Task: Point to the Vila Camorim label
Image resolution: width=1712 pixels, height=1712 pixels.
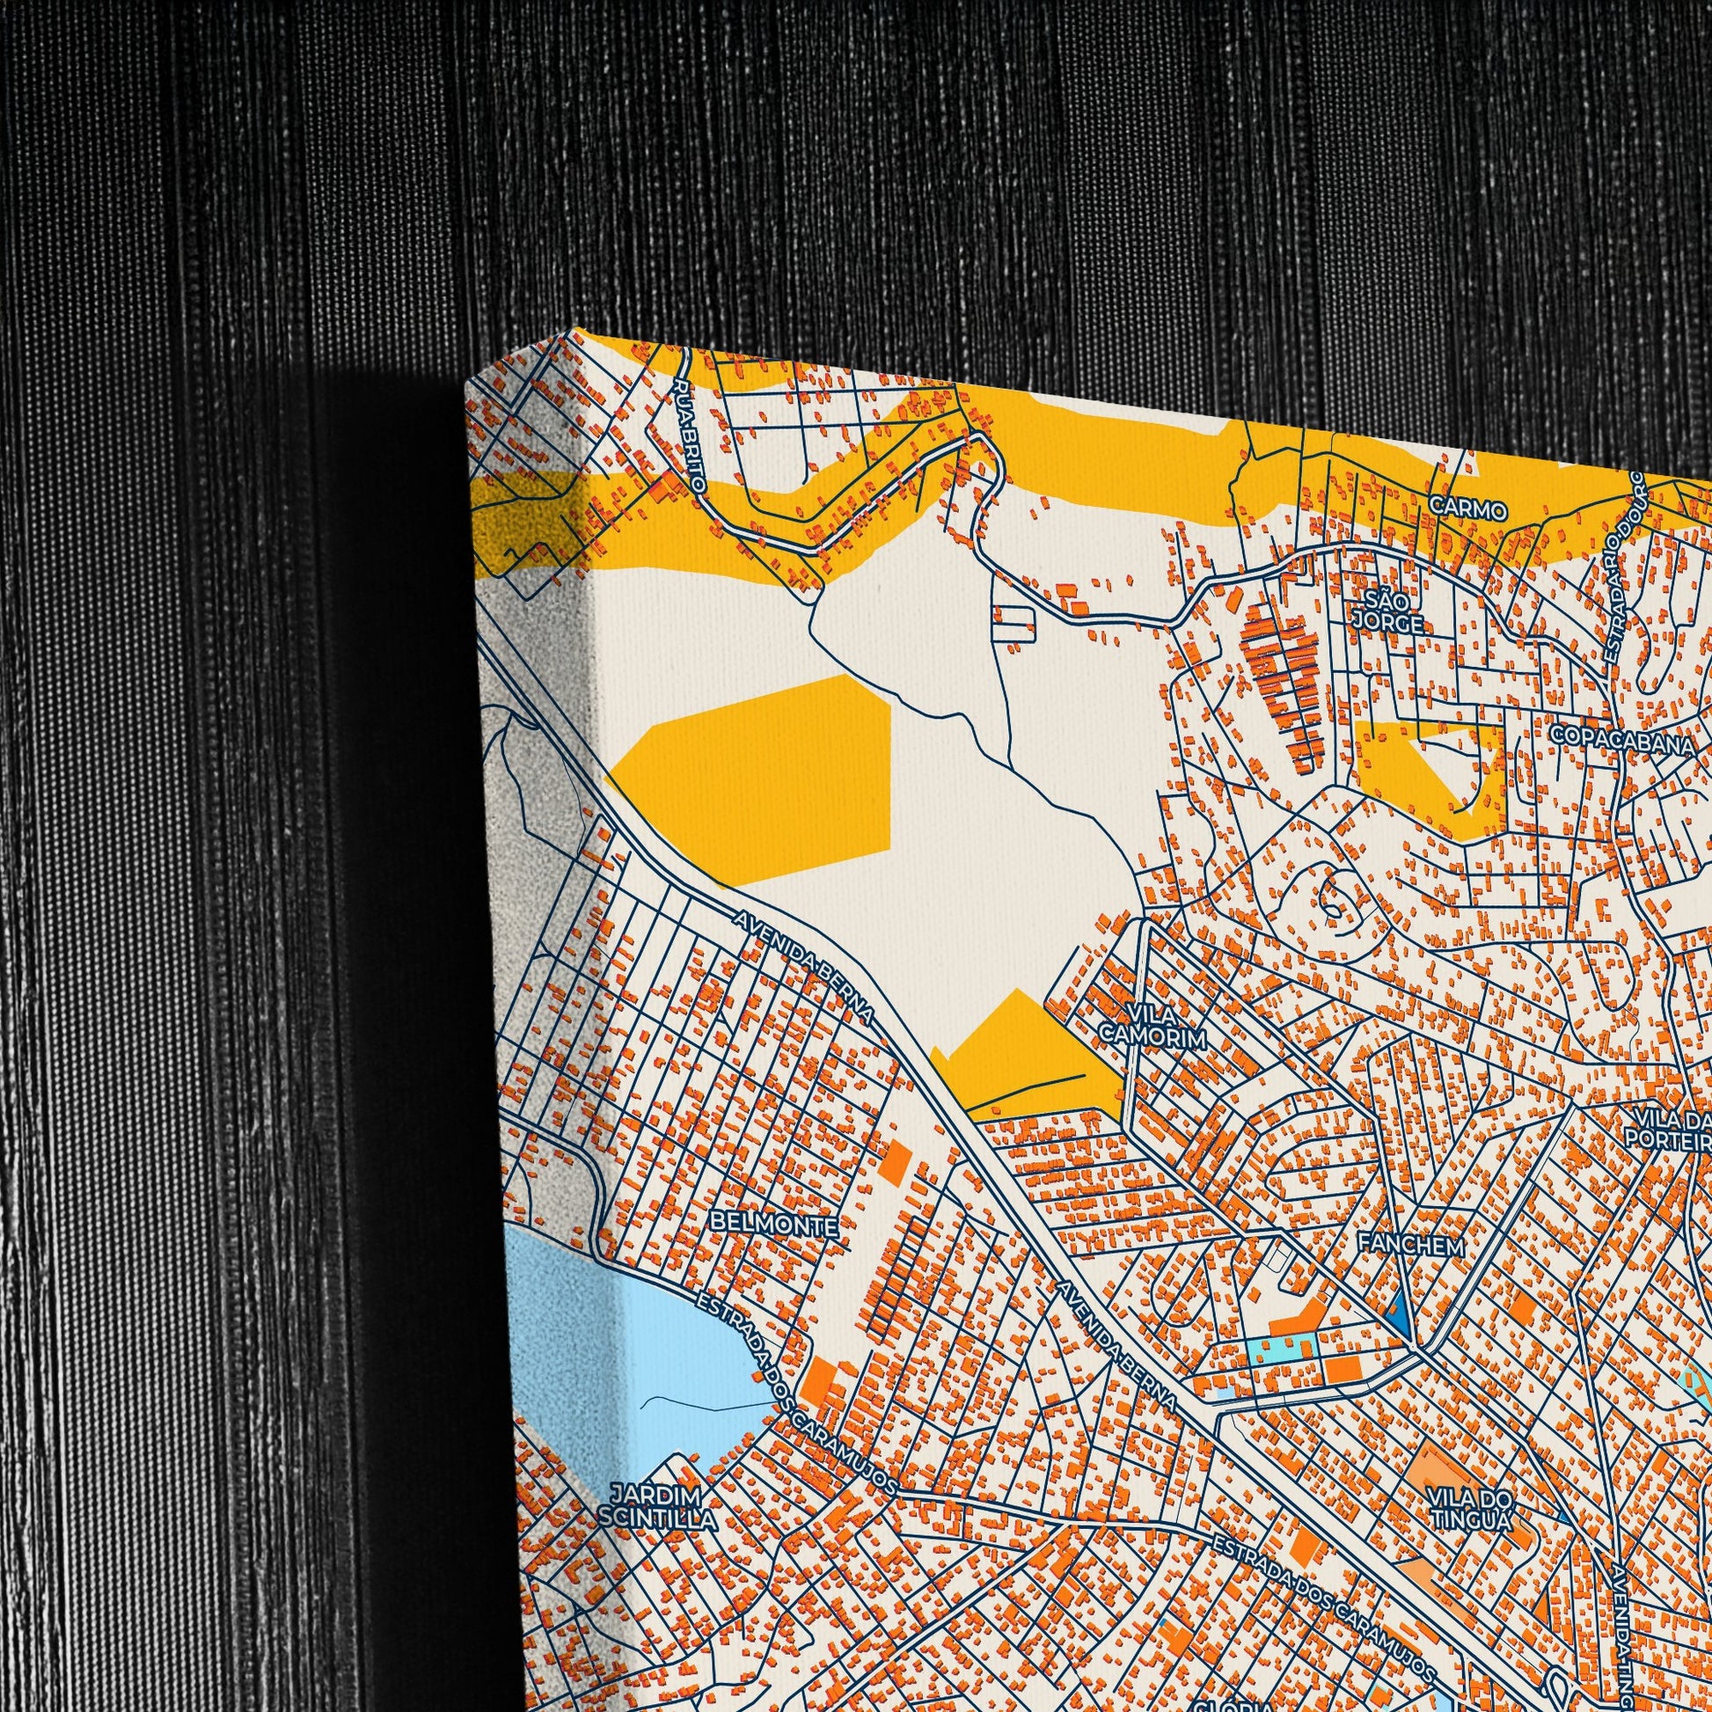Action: pos(1152,1025)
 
